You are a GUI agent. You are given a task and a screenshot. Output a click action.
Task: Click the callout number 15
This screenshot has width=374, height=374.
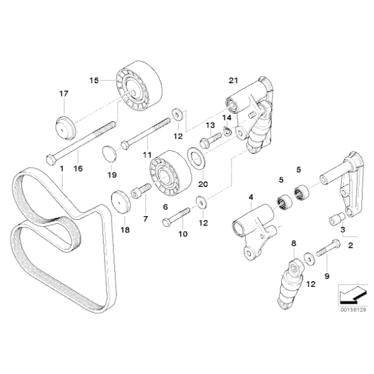point(93,81)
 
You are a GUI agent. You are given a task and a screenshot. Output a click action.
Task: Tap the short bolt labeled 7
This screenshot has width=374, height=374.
point(143,190)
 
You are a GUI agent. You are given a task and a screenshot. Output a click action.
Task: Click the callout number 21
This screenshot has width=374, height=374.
point(233,80)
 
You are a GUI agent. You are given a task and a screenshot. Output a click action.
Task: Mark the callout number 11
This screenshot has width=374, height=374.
point(147,155)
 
